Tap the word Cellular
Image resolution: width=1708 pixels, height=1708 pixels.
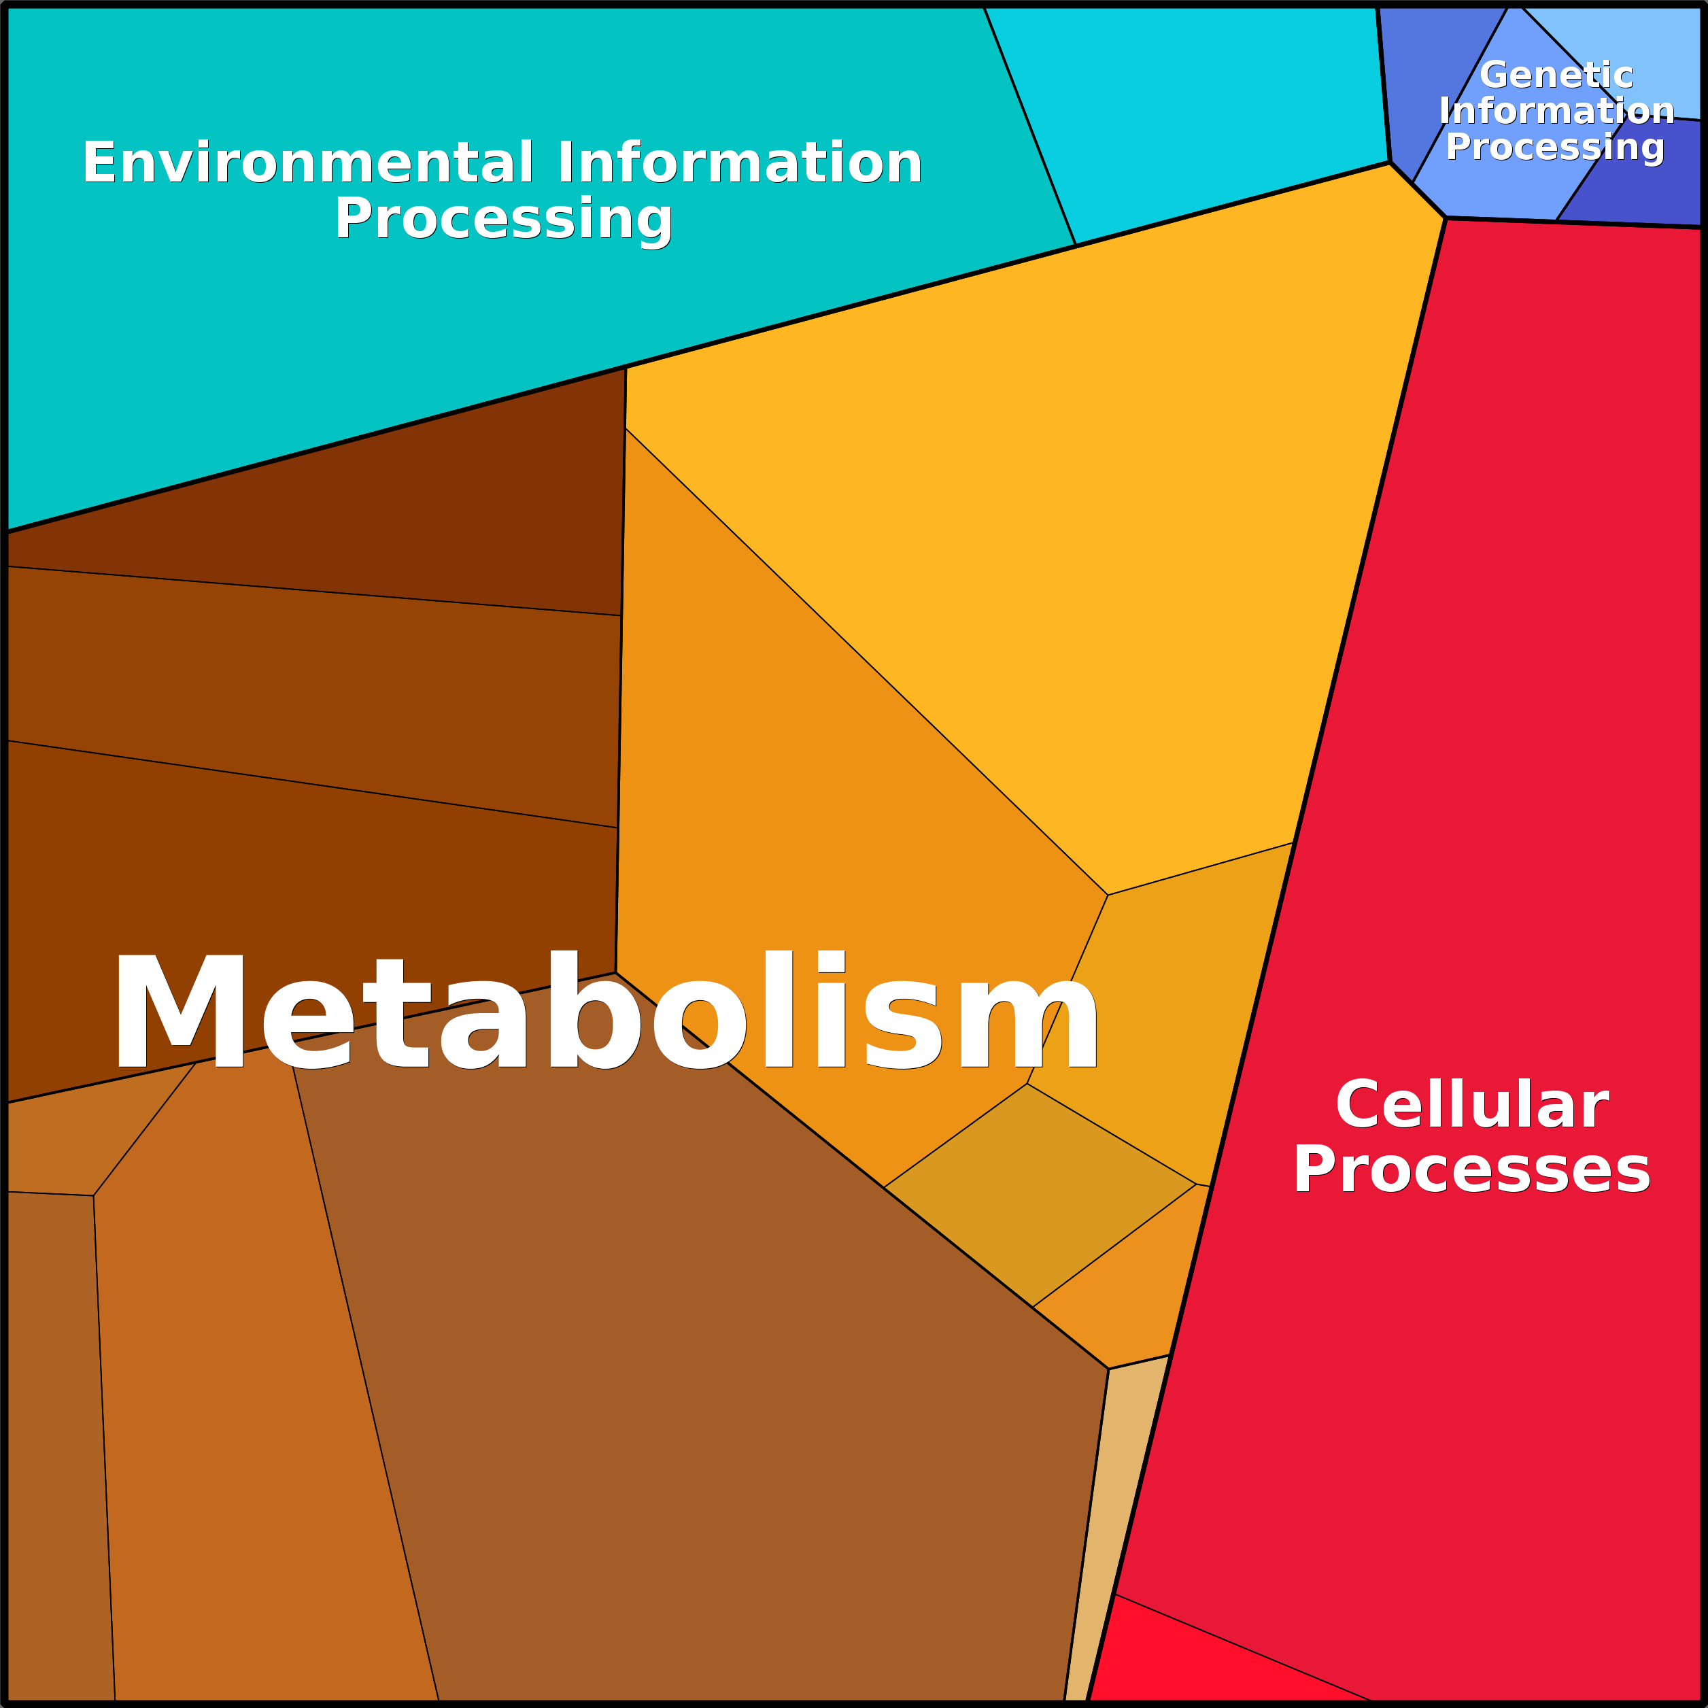[x=1472, y=1105]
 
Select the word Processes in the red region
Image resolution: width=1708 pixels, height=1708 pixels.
[x=1472, y=1169]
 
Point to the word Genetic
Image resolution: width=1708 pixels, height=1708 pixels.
[x=1556, y=75]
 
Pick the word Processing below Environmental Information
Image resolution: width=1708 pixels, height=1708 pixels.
[x=503, y=218]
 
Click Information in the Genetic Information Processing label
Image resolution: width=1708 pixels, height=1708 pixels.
[x=1556, y=112]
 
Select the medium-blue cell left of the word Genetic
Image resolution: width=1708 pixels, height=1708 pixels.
[x=1432, y=80]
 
